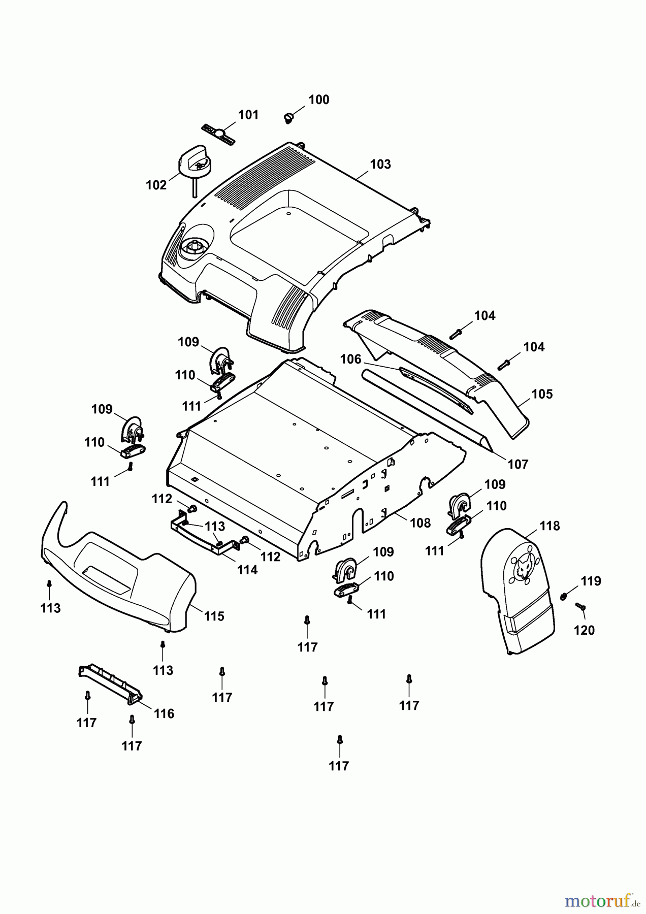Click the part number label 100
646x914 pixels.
point(319,100)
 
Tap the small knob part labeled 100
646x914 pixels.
point(288,118)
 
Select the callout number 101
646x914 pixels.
point(248,115)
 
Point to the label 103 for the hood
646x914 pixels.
point(380,165)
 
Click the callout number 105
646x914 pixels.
point(542,395)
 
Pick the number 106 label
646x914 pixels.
point(350,360)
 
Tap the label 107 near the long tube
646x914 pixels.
point(518,464)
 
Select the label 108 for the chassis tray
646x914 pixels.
point(420,523)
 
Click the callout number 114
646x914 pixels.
point(247,570)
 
